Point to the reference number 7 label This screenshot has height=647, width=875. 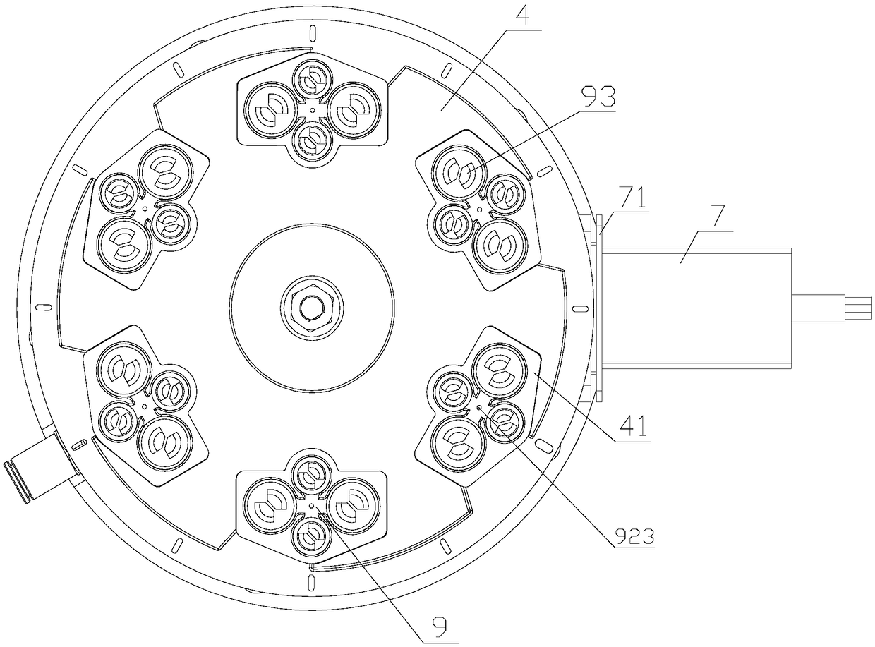[x=717, y=217]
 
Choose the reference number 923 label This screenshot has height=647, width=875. [x=634, y=535]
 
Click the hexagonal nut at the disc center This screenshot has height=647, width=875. [x=312, y=306]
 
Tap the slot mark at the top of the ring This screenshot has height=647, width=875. [x=313, y=33]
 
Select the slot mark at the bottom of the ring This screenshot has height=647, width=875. [x=312, y=582]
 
